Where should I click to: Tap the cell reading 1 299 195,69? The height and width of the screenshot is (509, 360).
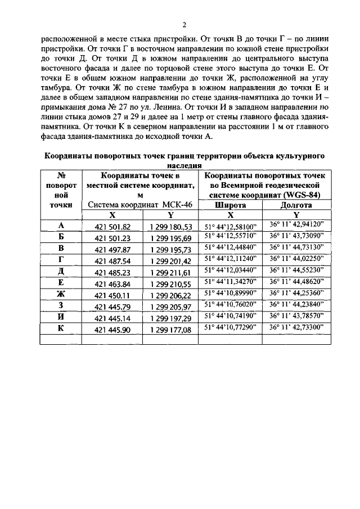click(x=171, y=238)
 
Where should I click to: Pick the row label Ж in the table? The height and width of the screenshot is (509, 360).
click(x=61, y=294)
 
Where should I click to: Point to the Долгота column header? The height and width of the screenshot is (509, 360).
click(x=296, y=205)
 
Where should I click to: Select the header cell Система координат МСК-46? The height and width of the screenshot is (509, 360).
click(x=141, y=205)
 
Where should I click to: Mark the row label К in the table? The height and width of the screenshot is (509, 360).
click(x=61, y=327)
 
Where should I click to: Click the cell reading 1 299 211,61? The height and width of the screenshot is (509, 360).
click(x=171, y=272)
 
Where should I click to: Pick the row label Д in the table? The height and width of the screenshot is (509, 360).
click(x=61, y=271)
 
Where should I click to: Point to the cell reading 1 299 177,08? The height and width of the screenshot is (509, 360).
click(x=171, y=328)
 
